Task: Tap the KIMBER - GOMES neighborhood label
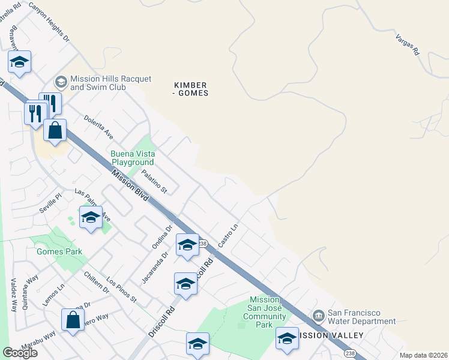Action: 190,89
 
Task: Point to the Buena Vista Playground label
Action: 132,158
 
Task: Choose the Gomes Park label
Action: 59,251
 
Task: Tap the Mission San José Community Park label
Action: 264,312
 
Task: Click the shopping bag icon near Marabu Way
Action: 73,320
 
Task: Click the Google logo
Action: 20,353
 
